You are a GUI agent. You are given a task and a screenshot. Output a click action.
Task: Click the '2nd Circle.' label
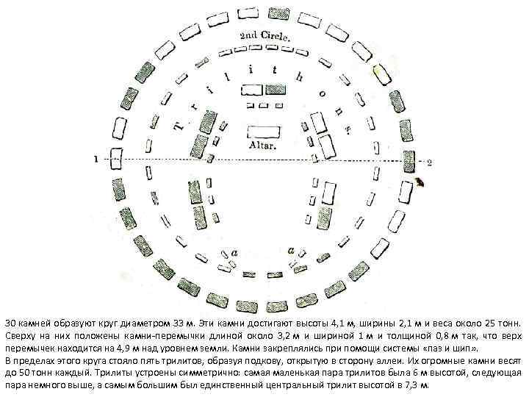pyautogui.click(x=264, y=36)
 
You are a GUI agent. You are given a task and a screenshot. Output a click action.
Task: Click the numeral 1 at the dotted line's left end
pyautogui.click(x=95, y=157)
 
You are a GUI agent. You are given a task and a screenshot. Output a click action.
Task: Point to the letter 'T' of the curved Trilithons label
pyautogui.click(x=179, y=129)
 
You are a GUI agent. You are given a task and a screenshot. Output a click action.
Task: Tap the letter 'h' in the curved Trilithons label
pyautogui.click(x=298, y=75)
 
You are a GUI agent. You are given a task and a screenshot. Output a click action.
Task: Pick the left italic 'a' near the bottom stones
pyautogui.click(x=234, y=252)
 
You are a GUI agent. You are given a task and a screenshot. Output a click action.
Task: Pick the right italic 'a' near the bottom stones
pyautogui.click(x=292, y=251)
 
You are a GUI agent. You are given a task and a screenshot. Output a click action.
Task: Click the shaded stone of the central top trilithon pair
pyautogui.click(x=252, y=90)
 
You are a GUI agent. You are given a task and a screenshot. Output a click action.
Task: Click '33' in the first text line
pyautogui.click(x=181, y=323)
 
